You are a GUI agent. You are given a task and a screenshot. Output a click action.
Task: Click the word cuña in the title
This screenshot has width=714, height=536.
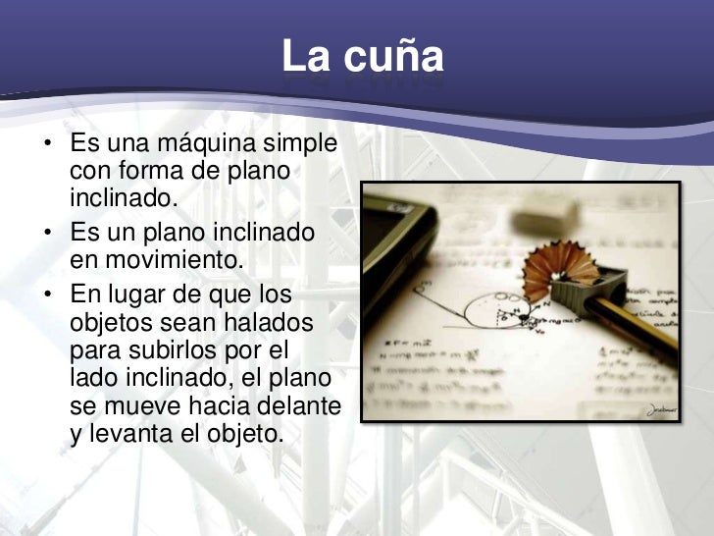click(392, 57)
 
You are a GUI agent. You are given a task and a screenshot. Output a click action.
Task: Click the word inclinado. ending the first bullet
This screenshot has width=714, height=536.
click(126, 198)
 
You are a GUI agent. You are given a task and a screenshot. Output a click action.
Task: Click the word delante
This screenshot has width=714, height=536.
click(297, 405)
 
